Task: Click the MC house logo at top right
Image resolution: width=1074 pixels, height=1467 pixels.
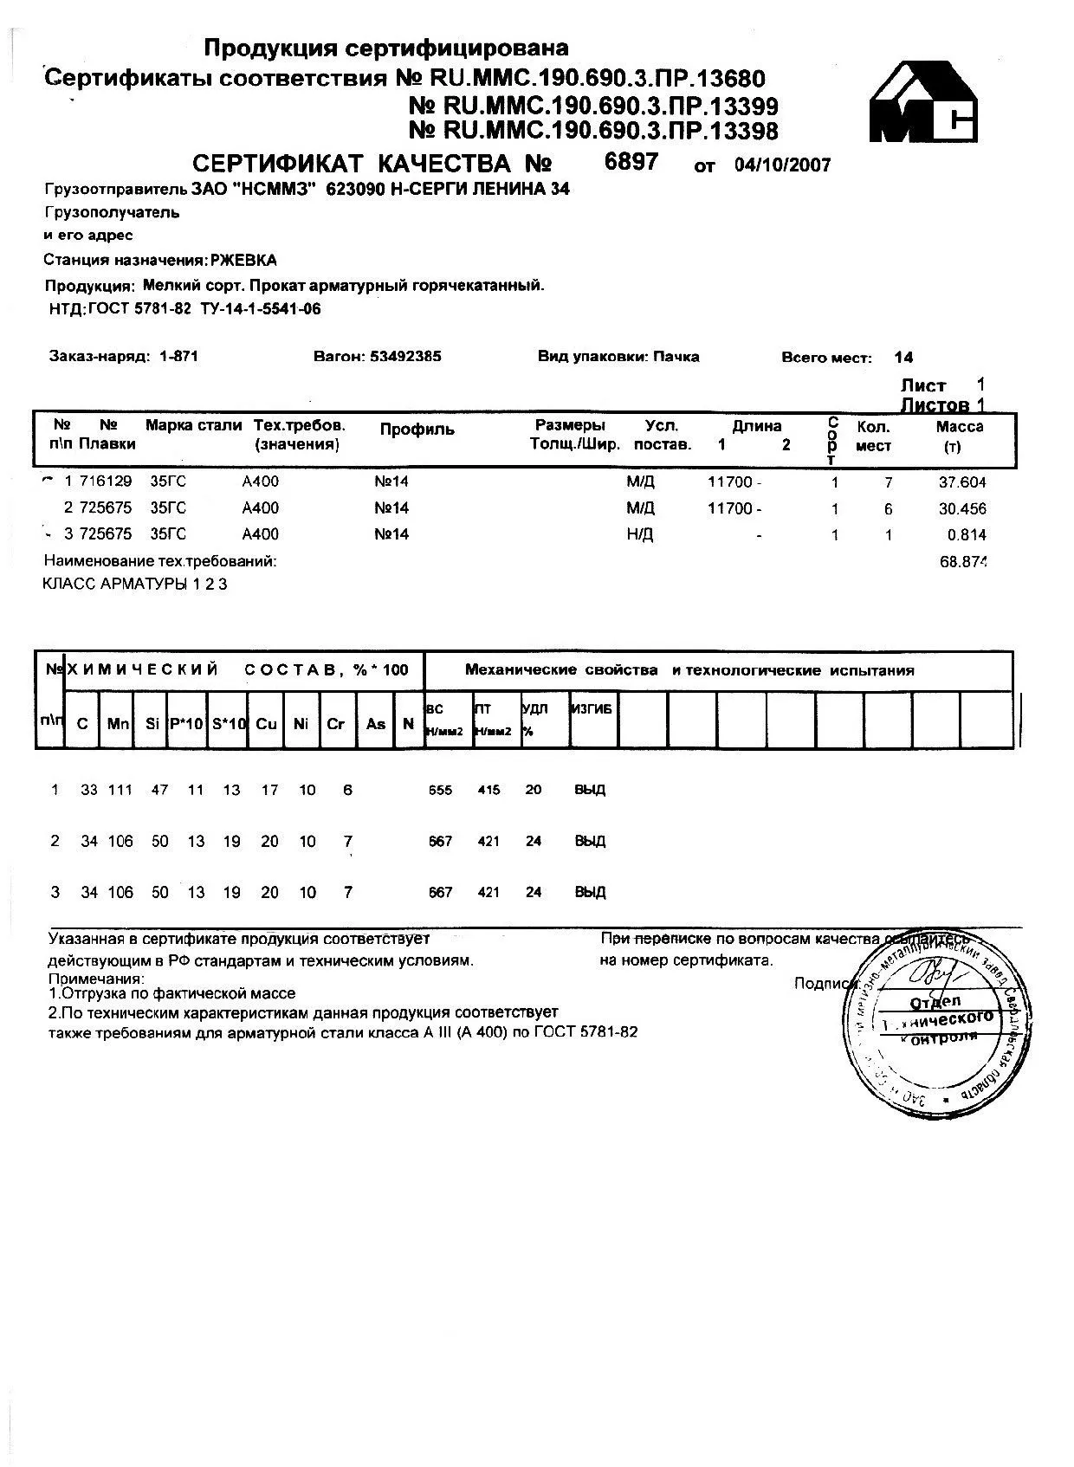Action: click(x=923, y=101)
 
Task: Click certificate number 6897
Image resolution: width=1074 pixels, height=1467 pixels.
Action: click(x=631, y=162)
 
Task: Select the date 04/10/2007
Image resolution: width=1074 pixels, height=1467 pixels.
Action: click(x=782, y=165)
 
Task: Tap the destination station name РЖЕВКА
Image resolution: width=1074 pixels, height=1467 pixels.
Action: click(x=244, y=260)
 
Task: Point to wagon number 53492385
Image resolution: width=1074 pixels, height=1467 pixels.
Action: click(x=405, y=356)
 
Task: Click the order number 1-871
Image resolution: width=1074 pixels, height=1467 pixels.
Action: click(x=179, y=356)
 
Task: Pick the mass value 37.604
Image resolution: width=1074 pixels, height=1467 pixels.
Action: click(x=962, y=483)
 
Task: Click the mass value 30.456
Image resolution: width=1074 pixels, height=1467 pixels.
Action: click(x=962, y=509)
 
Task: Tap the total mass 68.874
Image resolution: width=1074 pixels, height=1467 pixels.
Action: click(x=963, y=562)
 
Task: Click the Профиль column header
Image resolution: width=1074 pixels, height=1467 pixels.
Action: click(x=417, y=430)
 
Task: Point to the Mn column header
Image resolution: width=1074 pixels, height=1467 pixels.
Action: click(x=118, y=723)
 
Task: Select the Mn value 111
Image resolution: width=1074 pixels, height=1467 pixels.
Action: click(x=120, y=790)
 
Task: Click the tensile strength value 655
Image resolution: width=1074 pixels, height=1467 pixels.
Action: click(x=440, y=790)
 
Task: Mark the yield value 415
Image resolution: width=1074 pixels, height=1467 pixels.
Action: click(x=488, y=790)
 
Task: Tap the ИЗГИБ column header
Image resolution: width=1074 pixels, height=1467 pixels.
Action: click(x=592, y=709)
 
